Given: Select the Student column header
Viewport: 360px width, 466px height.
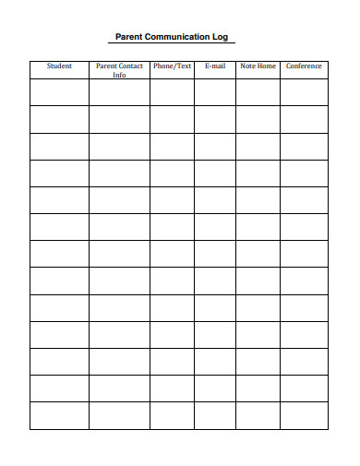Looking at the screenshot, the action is click(x=59, y=66).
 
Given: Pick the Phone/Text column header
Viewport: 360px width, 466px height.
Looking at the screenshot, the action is click(x=172, y=66).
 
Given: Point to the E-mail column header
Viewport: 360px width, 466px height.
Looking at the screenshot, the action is click(x=215, y=66).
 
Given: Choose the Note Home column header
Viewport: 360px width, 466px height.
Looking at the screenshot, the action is click(x=258, y=66).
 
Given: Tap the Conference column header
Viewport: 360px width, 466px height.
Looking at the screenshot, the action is click(x=304, y=66).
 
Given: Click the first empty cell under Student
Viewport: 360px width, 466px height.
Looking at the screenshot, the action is click(x=59, y=92).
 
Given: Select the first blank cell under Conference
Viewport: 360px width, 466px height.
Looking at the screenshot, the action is click(x=304, y=92).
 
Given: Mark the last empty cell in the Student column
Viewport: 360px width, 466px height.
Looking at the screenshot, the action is click(x=59, y=415).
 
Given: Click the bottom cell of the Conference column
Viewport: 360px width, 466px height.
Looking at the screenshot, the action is click(x=304, y=415).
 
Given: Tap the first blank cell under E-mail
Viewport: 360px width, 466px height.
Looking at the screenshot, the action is click(x=215, y=92).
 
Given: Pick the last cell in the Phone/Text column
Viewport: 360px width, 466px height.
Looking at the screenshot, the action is click(x=172, y=415).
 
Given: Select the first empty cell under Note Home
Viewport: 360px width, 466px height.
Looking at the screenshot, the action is click(x=258, y=92).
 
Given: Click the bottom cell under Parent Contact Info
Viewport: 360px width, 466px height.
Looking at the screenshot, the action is click(x=119, y=415).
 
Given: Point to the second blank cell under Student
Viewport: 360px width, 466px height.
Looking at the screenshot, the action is click(x=59, y=119).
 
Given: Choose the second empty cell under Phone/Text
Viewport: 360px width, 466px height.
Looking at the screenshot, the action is click(x=172, y=119).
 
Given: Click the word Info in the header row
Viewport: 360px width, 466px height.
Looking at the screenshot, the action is click(x=119, y=75).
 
